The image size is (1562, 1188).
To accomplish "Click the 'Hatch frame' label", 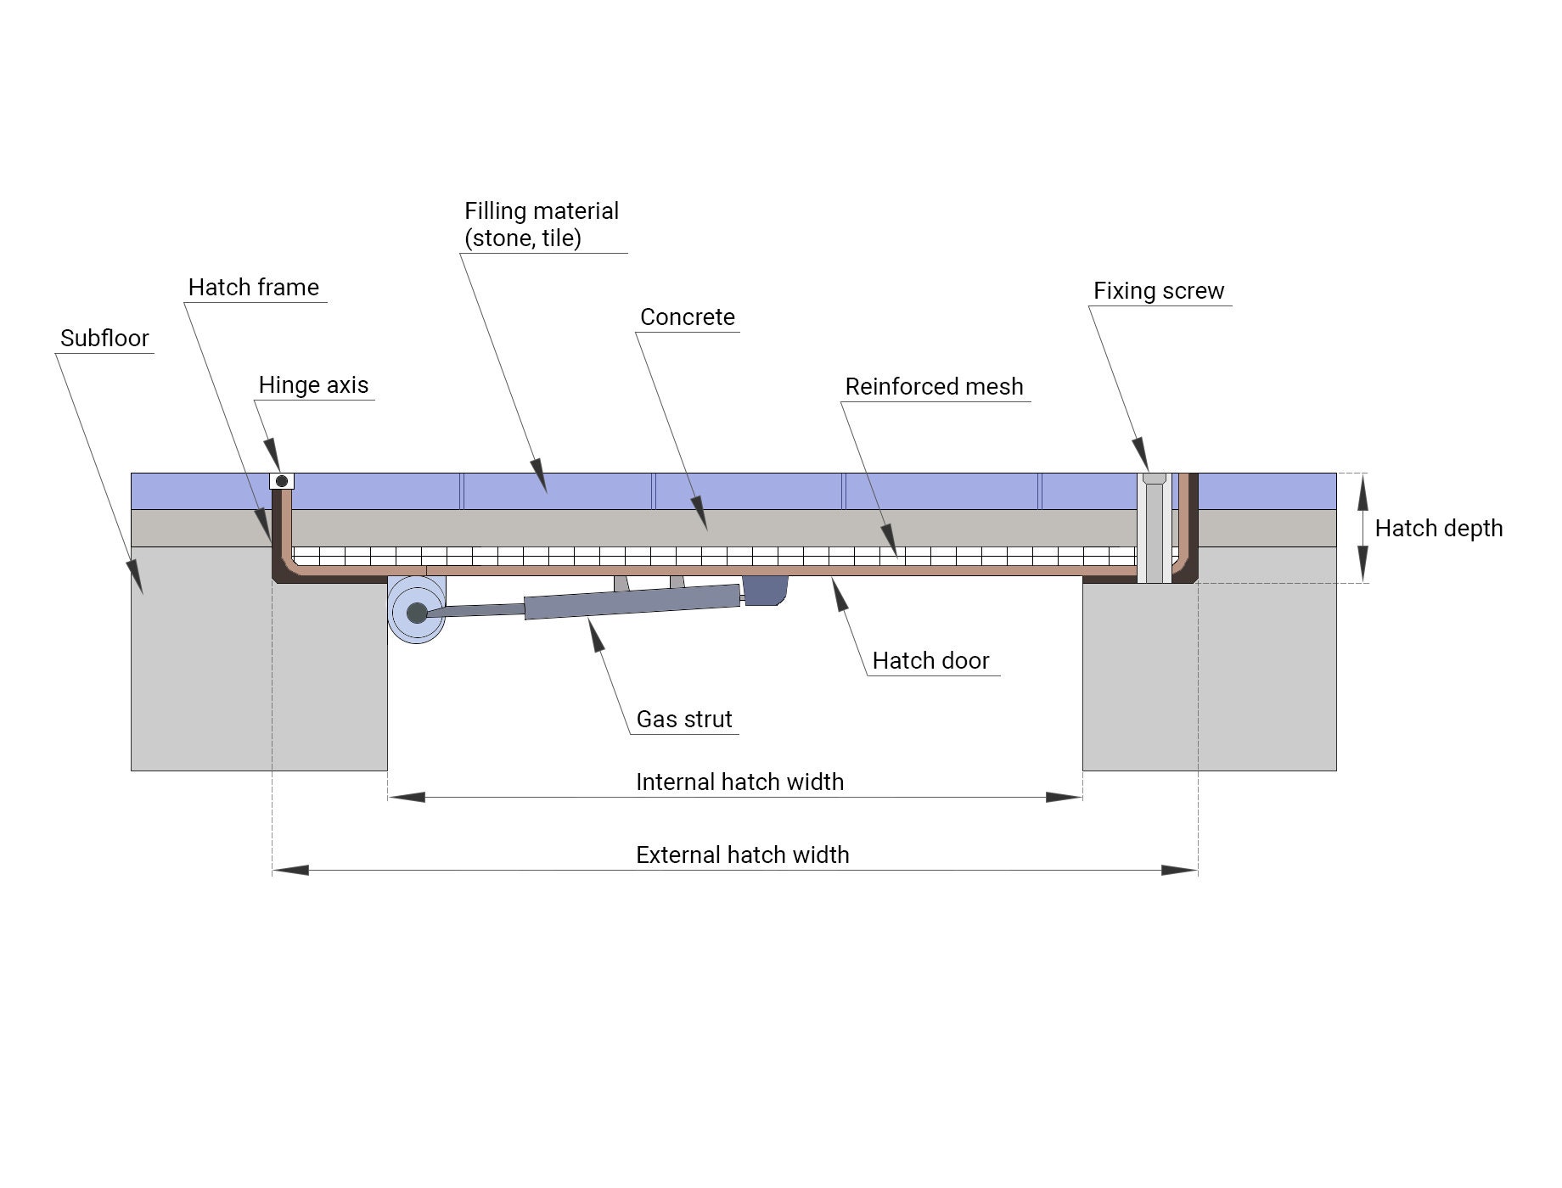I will click(253, 288).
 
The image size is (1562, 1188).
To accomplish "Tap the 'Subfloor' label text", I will click(104, 339).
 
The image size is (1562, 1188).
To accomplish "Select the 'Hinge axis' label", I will click(313, 385).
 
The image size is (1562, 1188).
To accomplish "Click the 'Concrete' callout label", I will click(687, 317).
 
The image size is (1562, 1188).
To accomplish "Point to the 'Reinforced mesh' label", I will click(934, 387).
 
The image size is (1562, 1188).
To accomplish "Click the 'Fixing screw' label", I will click(1158, 291).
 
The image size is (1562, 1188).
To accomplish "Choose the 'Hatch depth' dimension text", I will click(1438, 529).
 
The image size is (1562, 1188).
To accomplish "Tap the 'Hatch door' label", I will click(930, 661).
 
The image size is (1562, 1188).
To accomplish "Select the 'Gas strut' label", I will click(683, 720).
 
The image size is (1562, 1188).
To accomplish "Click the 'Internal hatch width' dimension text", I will click(739, 782).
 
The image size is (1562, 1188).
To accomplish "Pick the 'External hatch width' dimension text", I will click(742, 855).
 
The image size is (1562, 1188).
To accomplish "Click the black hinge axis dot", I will click(282, 481).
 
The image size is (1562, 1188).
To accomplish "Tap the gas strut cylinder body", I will click(632, 602).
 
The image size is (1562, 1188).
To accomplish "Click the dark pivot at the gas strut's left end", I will click(417, 613).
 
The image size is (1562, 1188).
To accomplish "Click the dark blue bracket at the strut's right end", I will click(765, 590).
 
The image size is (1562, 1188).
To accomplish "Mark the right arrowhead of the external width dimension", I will click(1180, 871).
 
